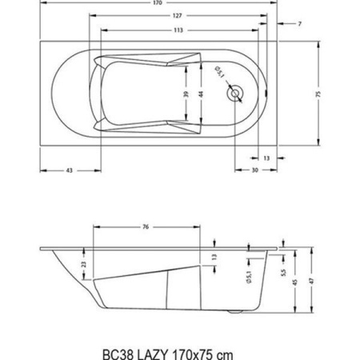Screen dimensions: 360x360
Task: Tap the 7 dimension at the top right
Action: click(299, 24)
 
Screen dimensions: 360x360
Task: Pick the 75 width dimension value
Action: click(318, 94)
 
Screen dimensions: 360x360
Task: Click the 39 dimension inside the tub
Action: click(186, 94)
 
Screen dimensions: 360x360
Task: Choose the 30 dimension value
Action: click(254, 171)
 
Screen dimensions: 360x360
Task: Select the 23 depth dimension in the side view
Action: click(84, 265)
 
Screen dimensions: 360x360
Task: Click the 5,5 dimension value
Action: click(282, 272)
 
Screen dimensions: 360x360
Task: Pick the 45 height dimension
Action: click(295, 281)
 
